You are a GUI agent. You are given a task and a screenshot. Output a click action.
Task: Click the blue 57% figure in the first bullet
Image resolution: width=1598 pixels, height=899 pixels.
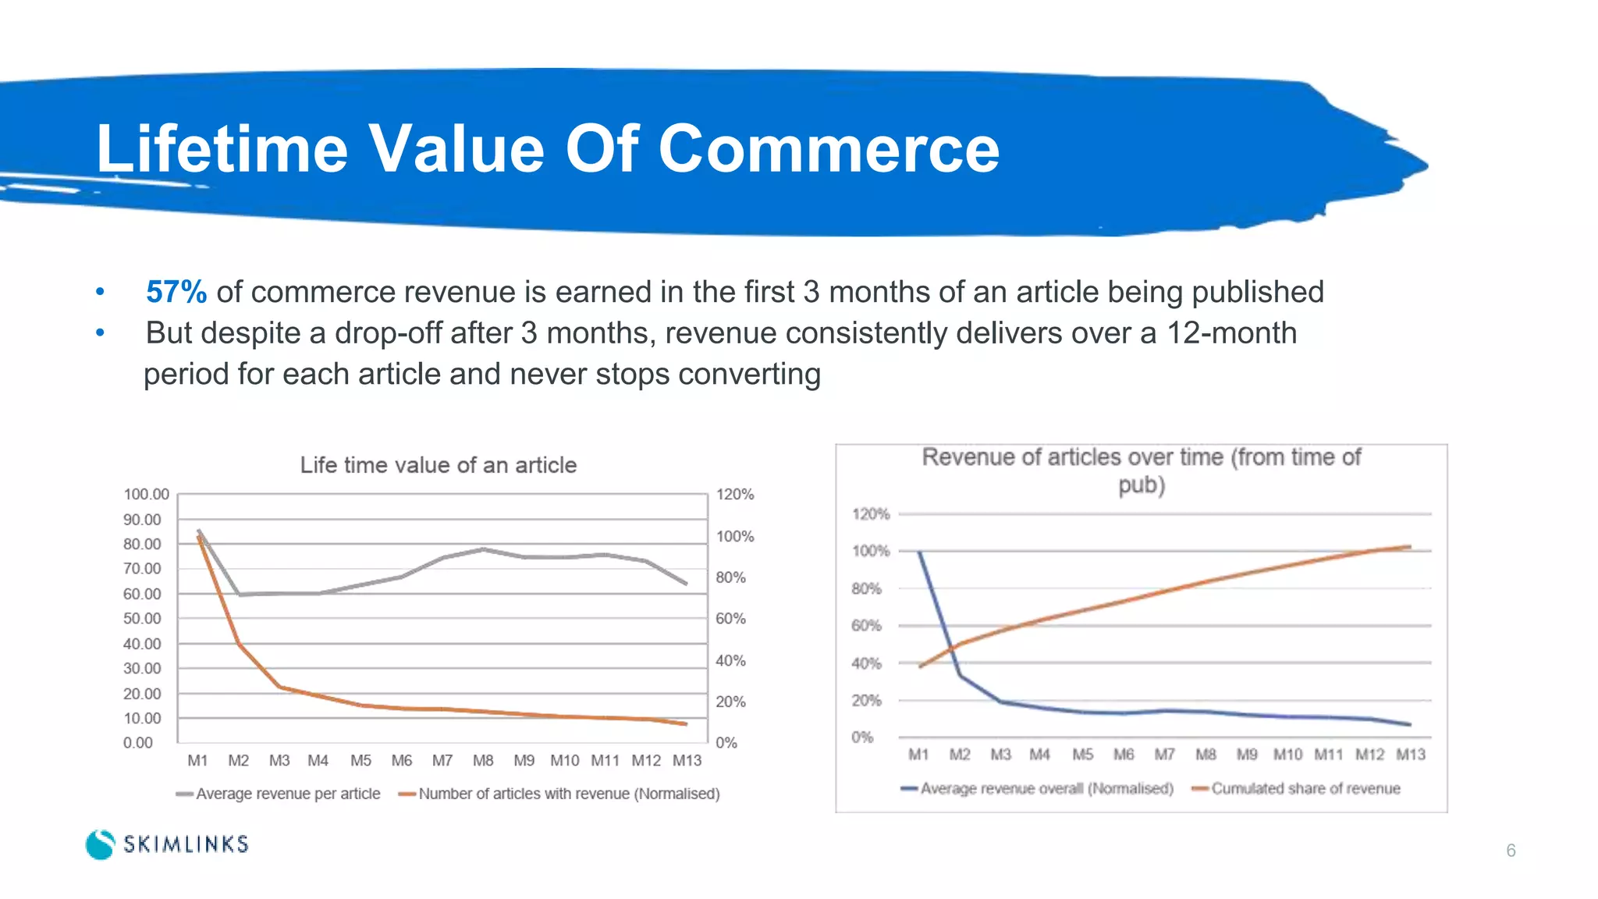click(176, 292)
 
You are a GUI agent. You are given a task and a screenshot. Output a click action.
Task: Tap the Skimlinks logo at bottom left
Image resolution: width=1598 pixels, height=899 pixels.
click(167, 844)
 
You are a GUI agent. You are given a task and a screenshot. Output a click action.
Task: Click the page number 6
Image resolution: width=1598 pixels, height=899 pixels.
click(1511, 851)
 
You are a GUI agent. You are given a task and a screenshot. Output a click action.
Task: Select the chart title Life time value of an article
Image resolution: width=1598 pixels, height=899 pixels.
click(439, 465)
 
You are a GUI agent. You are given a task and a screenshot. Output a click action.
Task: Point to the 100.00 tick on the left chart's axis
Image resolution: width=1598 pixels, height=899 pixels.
click(146, 494)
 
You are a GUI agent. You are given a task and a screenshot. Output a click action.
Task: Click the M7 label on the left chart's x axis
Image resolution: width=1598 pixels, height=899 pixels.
click(442, 760)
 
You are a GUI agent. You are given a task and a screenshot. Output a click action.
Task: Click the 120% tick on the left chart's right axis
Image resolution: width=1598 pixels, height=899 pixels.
click(735, 494)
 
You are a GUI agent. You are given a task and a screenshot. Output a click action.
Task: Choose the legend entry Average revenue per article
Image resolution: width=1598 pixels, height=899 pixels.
click(287, 794)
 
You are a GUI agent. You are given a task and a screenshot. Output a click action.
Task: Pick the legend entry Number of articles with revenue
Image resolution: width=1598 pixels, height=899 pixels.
click(568, 794)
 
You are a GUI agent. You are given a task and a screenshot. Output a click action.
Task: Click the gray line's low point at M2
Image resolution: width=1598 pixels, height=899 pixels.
click(240, 595)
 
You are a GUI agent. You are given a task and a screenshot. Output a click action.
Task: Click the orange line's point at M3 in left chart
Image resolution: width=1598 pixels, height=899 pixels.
click(279, 688)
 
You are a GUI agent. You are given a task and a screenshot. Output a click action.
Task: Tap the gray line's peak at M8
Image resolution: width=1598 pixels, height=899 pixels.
click(483, 549)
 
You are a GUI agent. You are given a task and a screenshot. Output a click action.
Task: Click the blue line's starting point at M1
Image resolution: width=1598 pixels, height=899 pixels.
click(919, 553)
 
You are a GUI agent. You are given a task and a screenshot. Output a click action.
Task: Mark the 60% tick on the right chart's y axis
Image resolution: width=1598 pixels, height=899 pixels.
click(866, 626)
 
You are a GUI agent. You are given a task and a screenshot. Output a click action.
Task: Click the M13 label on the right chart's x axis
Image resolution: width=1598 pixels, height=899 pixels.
click(1411, 755)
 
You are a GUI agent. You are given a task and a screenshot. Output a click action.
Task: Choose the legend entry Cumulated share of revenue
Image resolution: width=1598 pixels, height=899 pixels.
click(1305, 789)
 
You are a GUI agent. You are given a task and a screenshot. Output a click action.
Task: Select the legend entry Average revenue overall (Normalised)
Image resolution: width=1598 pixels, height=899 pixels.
click(1046, 789)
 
